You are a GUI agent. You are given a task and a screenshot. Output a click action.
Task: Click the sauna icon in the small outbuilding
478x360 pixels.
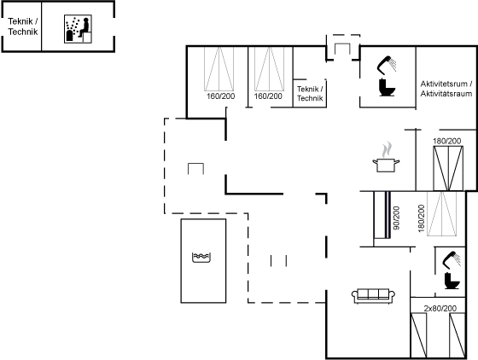tap(78, 29)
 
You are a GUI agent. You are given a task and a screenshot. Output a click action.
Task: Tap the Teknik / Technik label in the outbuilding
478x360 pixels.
tap(23, 26)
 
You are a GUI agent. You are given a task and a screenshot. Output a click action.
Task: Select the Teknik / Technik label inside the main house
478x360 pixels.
tap(310, 94)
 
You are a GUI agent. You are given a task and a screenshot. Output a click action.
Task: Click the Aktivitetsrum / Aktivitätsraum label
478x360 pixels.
tap(446, 89)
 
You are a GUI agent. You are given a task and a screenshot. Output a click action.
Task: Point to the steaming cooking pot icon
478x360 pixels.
tap(386, 157)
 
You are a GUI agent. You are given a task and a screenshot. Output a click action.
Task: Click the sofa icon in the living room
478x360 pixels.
tap(374, 296)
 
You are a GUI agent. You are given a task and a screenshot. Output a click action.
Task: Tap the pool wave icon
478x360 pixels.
tap(201, 258)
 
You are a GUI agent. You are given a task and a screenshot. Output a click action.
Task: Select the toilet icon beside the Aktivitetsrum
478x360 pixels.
tap(388, 87)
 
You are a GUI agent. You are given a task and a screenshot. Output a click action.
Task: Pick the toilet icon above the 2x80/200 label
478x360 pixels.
tap(452, 281)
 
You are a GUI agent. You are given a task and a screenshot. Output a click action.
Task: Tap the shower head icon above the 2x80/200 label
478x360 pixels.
tap(452, 260)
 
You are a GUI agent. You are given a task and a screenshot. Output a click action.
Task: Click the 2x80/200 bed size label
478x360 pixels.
tap(440, 308)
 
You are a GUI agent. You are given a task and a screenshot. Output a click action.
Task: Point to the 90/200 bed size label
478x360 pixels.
tap(396, 218)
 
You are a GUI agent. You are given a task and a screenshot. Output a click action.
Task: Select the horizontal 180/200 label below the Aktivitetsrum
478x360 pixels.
tap(447, 141)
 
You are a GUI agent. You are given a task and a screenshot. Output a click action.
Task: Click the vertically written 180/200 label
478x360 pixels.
tap(422, 218)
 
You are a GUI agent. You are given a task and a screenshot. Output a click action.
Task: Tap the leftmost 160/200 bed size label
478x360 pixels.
tap(221, 96)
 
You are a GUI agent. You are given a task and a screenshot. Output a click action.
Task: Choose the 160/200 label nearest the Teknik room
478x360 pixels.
tap(268, 96)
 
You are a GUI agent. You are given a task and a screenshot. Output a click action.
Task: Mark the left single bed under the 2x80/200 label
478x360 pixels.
tap(418, 335)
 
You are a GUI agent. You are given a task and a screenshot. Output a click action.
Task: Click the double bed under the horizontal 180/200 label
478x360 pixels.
tap(448, 168)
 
